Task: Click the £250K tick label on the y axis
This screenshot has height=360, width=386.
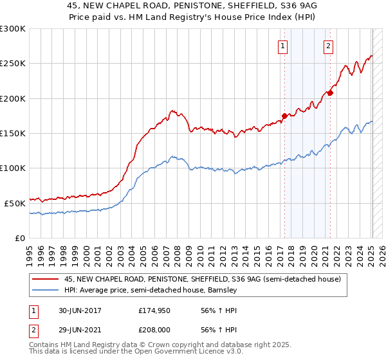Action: point(13,64)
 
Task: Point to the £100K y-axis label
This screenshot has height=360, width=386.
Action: point(13,168)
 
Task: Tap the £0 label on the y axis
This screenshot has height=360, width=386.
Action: point(19,238)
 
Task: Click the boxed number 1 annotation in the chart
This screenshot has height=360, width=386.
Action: point(283,45)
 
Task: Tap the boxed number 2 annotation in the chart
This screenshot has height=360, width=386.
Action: point(329,45)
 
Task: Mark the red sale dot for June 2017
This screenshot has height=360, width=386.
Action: point(284,116)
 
